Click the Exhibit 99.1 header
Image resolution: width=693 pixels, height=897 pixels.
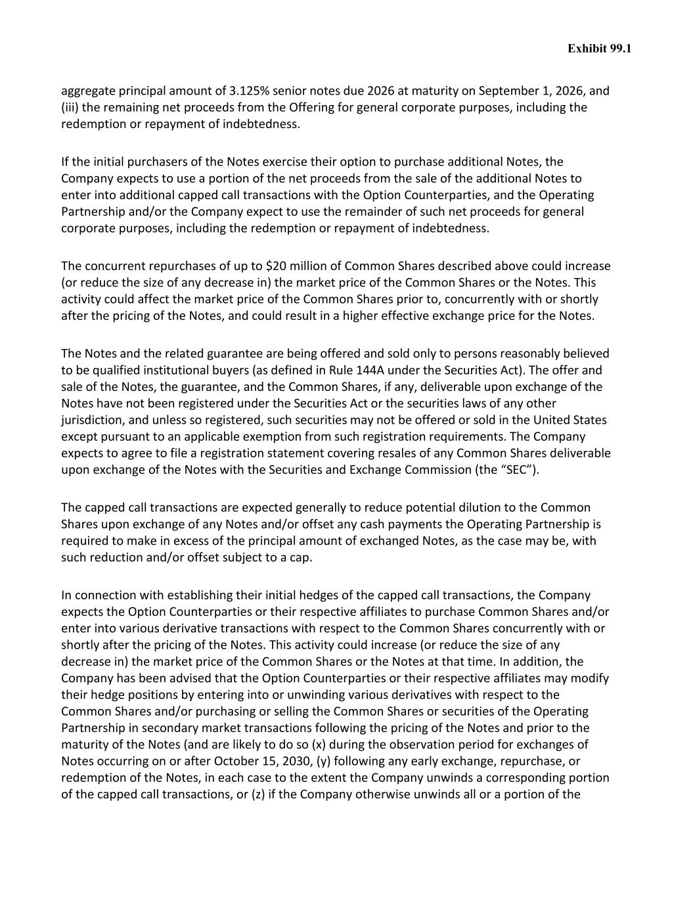coord(599,49)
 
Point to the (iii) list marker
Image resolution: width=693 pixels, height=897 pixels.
coord(70,107)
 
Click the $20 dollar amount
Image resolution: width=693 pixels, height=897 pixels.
coord(275,266)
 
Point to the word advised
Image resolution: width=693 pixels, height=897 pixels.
coord(190,678)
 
